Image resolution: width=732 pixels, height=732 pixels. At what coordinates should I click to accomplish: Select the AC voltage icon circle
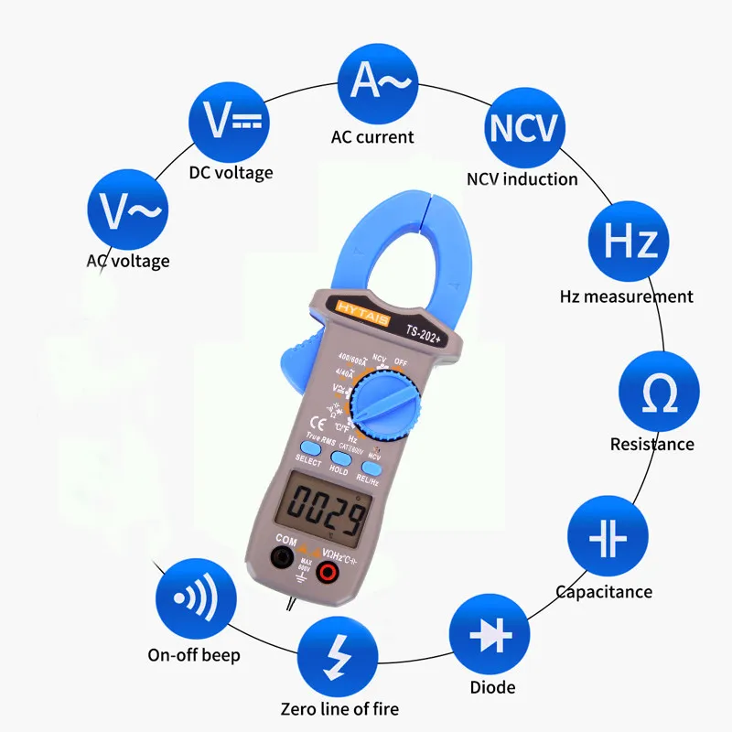point(128,210)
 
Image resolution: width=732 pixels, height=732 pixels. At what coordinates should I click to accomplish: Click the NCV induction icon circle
point(522,128)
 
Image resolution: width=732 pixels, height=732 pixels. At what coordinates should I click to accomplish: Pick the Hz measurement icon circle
point(630,242)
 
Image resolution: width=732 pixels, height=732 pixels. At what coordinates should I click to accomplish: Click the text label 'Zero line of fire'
point(339,708)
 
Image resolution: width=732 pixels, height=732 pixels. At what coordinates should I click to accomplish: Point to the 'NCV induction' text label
point(522,179)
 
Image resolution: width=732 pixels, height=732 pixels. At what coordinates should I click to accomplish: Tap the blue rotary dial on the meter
point(389,407)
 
